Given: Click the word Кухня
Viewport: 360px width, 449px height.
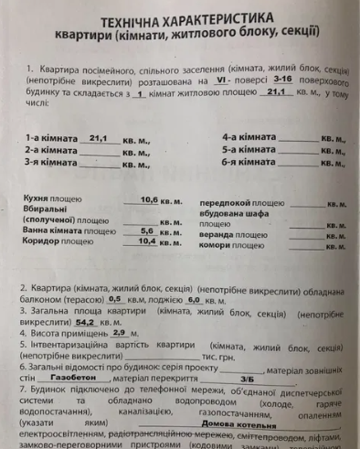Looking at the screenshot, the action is (38, 198).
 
